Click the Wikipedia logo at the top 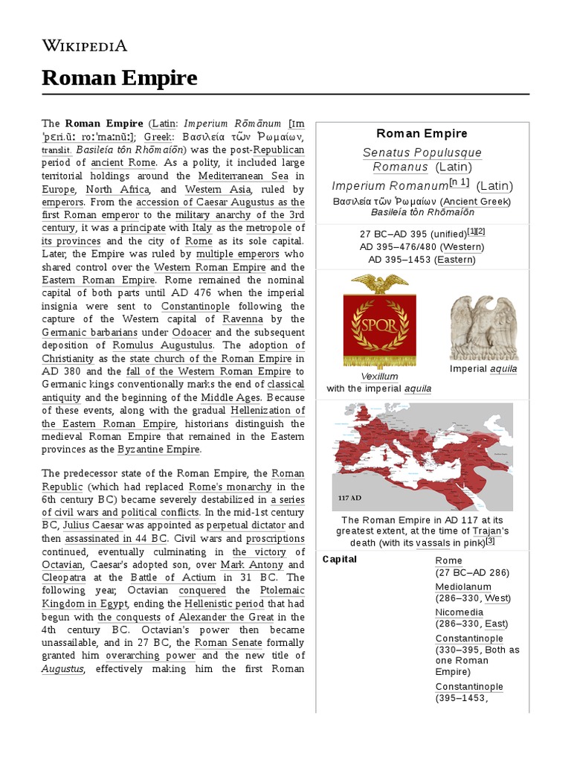(x=84, y=45)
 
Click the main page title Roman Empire (x=119, y=77)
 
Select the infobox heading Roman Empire (x=422, y=133)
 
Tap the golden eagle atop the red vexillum (x=379, y=284)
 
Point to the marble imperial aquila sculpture (x=483, y=327)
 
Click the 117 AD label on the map (x=350, y=497)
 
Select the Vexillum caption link (x=379, y=377)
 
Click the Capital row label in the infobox (x=340, y=559)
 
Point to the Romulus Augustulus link (x=163, y=345)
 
